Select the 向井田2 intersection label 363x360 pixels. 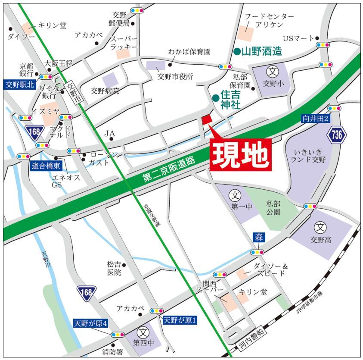tap(316, 118)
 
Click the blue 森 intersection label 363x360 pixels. tap(258, 238)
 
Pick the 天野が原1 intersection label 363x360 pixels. tap(180, 320)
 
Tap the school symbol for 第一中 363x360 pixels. tap(235, 194)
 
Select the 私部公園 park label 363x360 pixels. tap(273, 208)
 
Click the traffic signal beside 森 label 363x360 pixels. tap(258, 252)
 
